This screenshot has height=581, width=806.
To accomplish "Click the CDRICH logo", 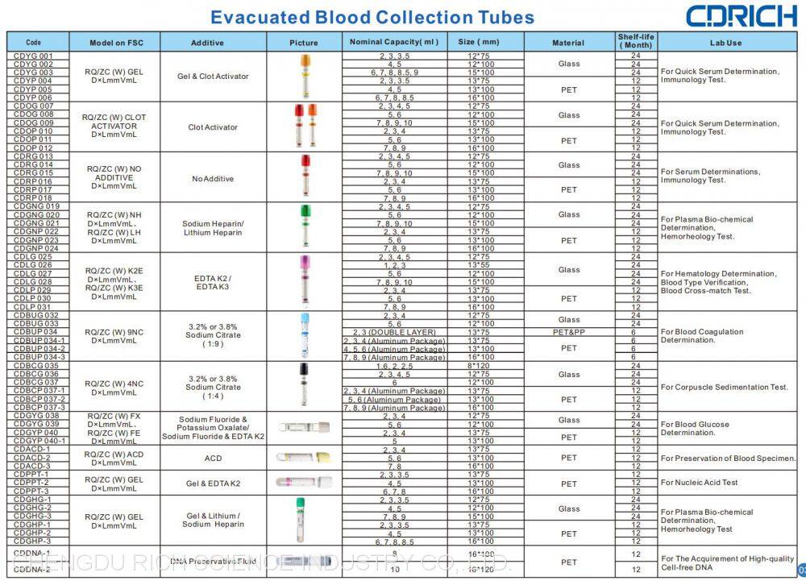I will (740, 16).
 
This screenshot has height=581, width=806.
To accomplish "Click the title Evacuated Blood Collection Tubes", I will (372, 17).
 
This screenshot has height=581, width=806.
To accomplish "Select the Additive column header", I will (207, 43).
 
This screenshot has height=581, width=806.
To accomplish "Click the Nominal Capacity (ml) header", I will (394, 42).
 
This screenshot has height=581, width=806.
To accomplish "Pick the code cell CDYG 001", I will (34, 56).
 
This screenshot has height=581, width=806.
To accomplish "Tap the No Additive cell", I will (213, 178).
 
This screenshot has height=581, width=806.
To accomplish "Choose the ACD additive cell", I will (213, 458).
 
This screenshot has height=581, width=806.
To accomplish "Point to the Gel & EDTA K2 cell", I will (213, 483).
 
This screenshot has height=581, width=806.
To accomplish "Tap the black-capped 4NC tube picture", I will (305, 385).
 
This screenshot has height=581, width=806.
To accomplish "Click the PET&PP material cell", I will (568, 332).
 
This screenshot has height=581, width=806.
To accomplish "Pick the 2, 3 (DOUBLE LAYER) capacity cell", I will (394, 332).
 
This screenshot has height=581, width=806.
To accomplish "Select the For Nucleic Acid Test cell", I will (699, 483).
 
